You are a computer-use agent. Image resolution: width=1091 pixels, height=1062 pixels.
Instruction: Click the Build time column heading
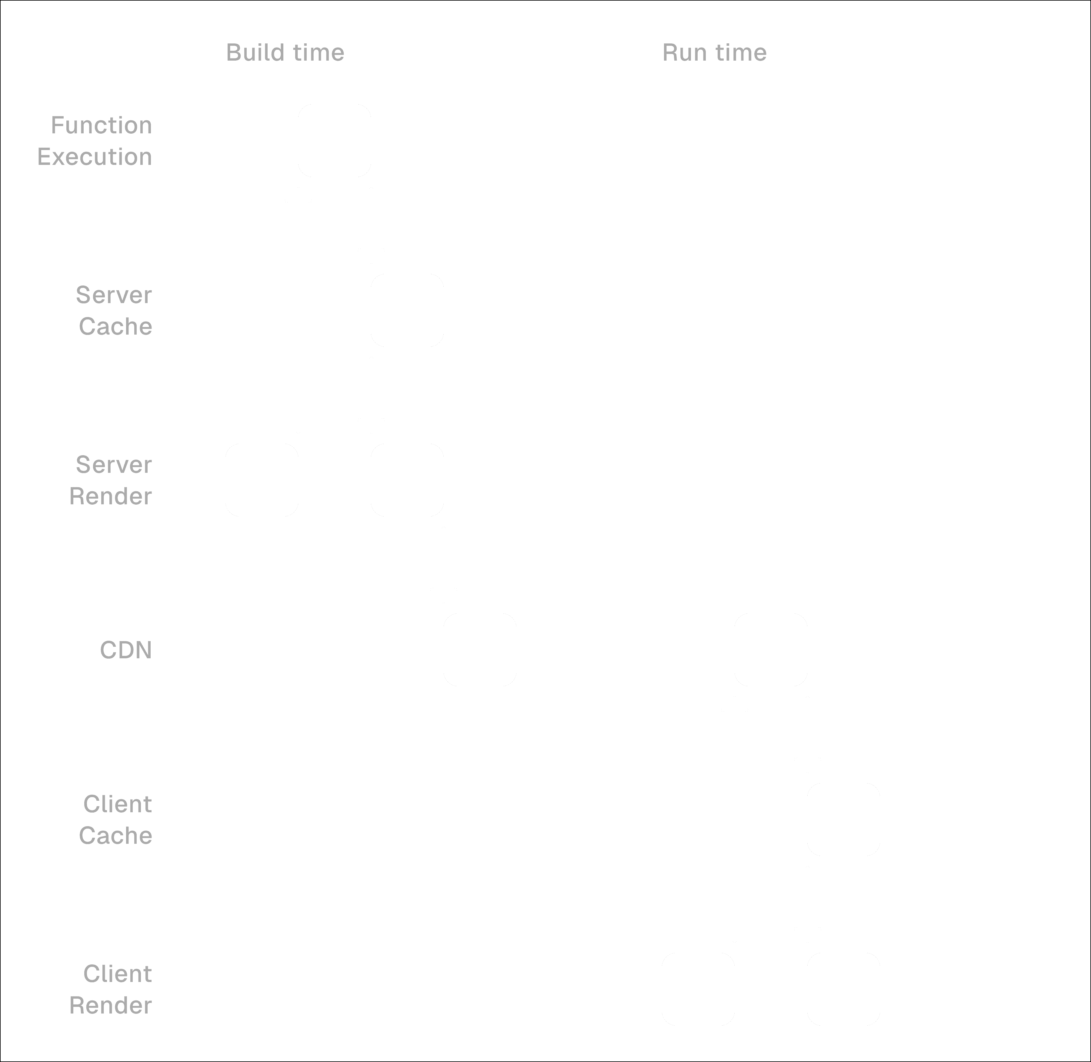coord(285,52)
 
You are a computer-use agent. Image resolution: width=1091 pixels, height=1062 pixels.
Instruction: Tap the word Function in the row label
coord(102,125)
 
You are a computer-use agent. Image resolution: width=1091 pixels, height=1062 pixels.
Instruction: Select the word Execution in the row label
coord(95,157)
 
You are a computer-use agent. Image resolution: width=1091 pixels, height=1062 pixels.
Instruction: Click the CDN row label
coord(126,650)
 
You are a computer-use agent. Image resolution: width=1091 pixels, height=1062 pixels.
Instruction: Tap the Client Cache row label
coord(116,819)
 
